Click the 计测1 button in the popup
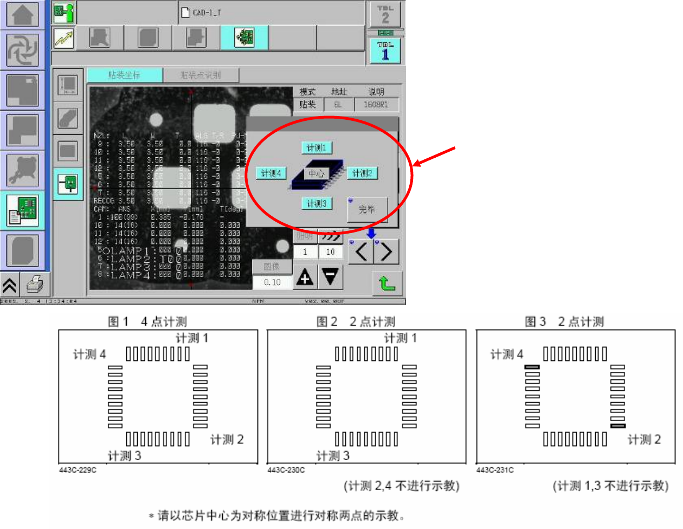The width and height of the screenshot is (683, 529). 317,147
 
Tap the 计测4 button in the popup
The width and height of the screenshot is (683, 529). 271,173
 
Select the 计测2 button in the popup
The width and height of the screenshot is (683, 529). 362,173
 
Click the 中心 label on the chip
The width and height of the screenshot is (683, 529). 316,173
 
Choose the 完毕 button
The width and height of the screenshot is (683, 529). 367,209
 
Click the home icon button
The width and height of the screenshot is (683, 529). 23,15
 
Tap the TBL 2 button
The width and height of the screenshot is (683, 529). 385,15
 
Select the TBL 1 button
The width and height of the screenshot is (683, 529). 385,51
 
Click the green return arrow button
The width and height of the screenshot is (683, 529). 387,283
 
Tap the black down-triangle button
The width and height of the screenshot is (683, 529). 330,277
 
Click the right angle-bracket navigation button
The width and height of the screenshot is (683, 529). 386,252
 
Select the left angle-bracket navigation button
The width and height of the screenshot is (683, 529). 362,252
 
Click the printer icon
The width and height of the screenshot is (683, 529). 35,283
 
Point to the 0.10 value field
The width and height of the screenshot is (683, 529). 272,282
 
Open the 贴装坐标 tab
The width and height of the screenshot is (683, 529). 125,75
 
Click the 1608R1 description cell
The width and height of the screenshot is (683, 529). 376,105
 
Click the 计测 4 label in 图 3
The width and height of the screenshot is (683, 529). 507,354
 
